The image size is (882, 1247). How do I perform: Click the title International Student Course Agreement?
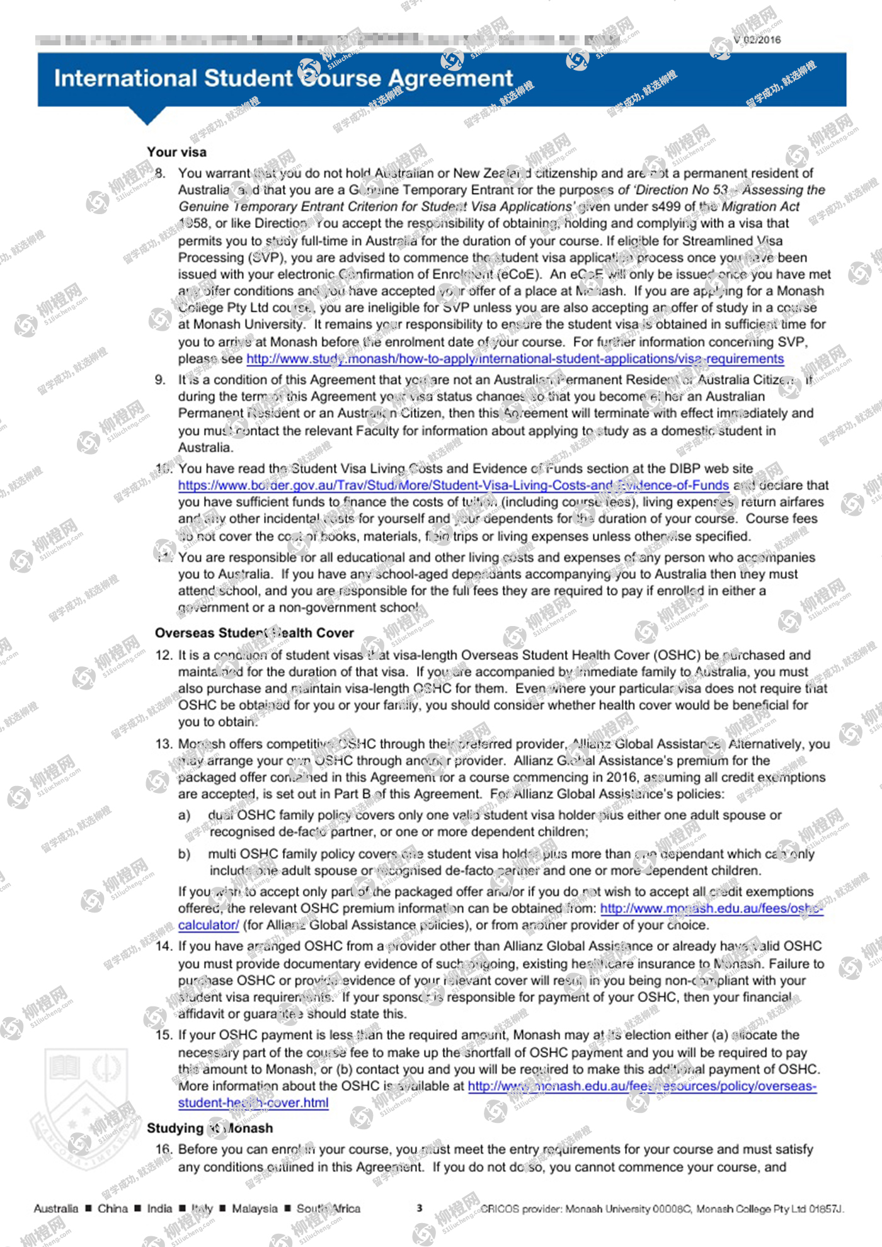pyautogui.click(x=283, y=79)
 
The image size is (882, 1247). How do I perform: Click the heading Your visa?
pyautogui.click(x=176, y=152)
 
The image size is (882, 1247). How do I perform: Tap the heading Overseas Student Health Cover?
pyautogui.click(x=254, y=633)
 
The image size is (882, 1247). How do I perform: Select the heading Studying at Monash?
pyautogui.click(x=210, y=1128)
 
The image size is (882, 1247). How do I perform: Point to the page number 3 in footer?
pyautogui.click(x=419, y=1208)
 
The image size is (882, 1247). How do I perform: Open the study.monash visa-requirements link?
pyautogui.click(x=515, y=359)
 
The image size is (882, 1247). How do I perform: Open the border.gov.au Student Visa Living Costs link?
pyautogui.click(x=453, y=486)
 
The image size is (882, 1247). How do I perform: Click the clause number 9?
pyautogui.click(x=160, y=380)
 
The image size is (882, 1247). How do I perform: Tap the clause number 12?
pyautogui.click(x=163, y=655)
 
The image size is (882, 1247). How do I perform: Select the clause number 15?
pyautogui.click(x=163, y=1035)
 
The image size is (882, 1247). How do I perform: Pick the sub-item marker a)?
pyautogui.click(x=184, y=816)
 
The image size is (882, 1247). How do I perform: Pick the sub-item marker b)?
pyautogui.click(x=184, y=854)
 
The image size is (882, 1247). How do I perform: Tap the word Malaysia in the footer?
pyautogui.click(x=255, y=1209)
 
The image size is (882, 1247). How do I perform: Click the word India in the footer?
pyautogui.click(x=159, y=1209)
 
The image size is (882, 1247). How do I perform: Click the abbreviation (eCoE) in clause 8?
pyautogui.click(x=519, y=275)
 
